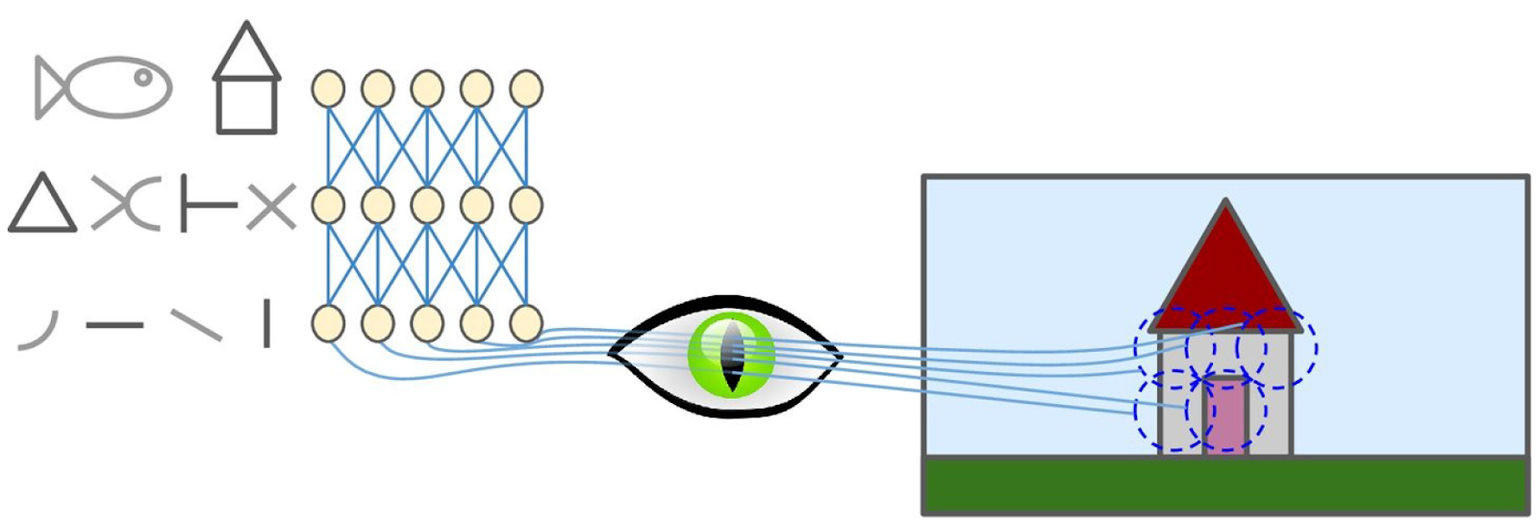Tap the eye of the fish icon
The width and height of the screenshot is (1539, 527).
[142, 78]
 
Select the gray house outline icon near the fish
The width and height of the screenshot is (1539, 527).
[246, 79]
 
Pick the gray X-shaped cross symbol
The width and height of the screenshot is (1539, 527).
[271, 207]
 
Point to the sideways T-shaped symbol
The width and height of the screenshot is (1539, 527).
[208, 205]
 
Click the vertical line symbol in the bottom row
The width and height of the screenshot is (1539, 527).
[266, 323]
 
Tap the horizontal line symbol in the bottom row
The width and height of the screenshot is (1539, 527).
[114, 326]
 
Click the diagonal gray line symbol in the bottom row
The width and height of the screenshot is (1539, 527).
[196, 325]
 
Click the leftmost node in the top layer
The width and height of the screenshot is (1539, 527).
[328, 88]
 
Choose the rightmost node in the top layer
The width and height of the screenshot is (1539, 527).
[525, 88]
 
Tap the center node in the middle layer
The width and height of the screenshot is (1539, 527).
[427, 205]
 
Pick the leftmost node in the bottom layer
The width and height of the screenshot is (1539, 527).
[328, 324]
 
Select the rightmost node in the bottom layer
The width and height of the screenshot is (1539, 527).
[525, 324]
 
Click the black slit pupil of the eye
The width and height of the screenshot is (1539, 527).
[732, 356]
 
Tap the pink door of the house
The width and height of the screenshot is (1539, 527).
[1226, 415]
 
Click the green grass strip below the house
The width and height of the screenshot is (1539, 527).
[1225, 486]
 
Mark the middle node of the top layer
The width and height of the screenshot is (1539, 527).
[427, 88]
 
